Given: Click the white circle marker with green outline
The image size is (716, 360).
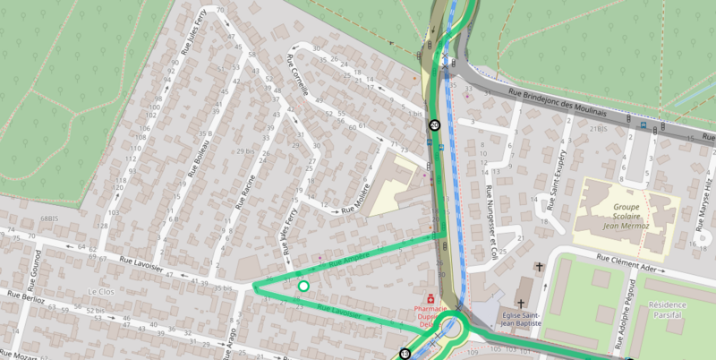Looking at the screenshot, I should [x=303, y=286].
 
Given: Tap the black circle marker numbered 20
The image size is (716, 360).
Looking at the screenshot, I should [x=434, y=125].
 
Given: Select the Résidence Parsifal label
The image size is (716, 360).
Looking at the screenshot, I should [x=678, y=310].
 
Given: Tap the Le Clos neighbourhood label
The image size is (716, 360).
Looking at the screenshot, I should [x=103, y=292].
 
